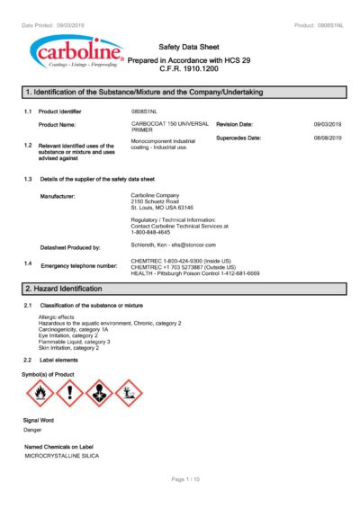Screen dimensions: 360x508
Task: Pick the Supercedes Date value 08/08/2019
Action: point(328,138)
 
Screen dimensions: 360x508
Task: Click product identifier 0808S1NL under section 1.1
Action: point(144,111)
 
